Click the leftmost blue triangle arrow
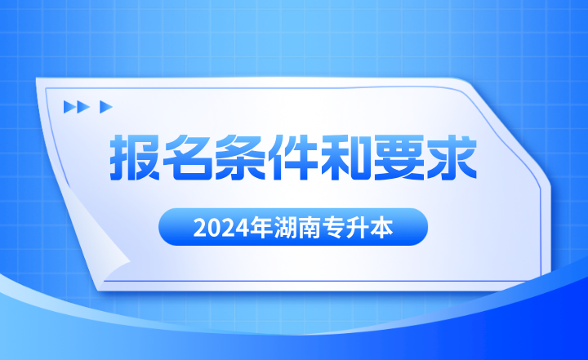coord(69,106)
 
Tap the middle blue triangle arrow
coord(82,106)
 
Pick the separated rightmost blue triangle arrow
coord(105,106)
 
